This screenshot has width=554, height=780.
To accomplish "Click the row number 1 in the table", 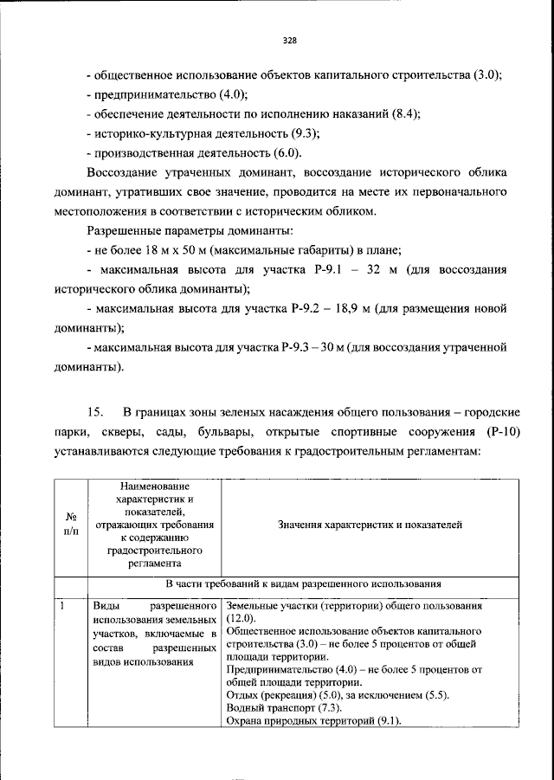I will (x=63, y=606).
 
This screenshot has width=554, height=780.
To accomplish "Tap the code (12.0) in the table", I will (x=242, y=620).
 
